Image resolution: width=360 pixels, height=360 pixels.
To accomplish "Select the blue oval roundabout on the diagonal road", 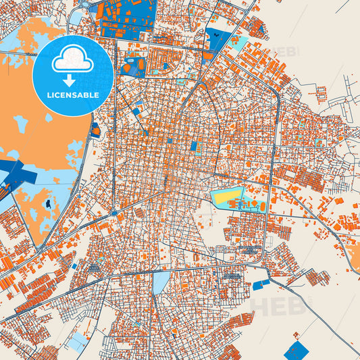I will click(114, 212).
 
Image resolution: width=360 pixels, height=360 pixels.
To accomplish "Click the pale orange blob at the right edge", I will click(354, 254).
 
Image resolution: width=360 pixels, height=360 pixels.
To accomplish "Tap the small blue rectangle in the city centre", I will click(194, 146).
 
